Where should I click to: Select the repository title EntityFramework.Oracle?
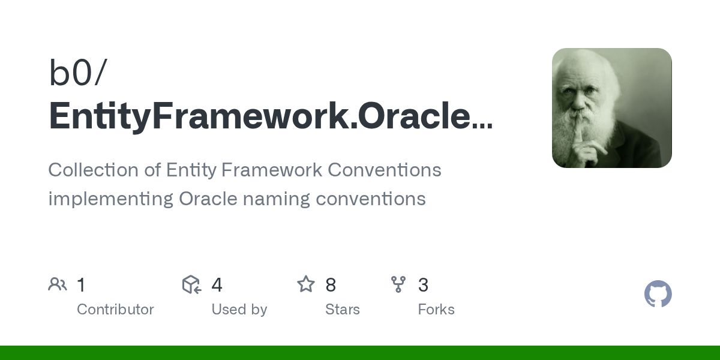[270, 116]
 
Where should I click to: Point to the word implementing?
[110, 199]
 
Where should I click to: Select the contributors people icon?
[58, 284]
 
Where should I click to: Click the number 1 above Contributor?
[82, 285]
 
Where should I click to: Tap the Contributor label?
[115, 310]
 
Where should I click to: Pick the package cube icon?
[191, 284]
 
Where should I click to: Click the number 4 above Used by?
[217, 285]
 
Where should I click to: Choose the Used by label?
[239, 310]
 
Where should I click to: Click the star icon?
[306, 284]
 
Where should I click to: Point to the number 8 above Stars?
[331, 285]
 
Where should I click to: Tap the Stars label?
[342, 310]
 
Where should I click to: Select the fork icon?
[398, 284]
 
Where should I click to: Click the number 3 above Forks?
[423, 285]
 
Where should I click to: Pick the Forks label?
[436, 310]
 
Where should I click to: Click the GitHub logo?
[658, 294]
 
